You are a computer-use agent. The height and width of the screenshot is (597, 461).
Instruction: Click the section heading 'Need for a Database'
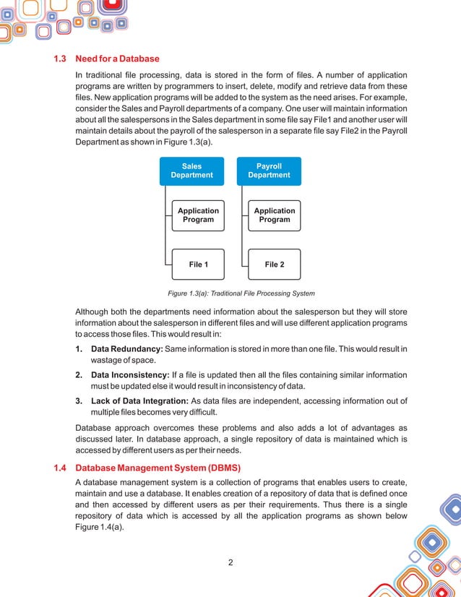coord(117,59)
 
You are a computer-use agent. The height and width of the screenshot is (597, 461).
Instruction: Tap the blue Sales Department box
coord(191,171)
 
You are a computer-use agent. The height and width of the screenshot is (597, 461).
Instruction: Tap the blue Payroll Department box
coord(269,171)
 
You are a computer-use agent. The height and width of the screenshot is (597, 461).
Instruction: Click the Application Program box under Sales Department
coord(198,215)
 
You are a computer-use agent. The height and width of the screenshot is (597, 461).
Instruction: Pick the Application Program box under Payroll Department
coord(275,215)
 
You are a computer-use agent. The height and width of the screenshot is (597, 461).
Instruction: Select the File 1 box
coord(198,265)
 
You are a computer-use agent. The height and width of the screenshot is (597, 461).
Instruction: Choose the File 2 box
coord(275,265)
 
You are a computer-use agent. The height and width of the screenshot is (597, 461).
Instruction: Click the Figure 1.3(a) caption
coord(241,293)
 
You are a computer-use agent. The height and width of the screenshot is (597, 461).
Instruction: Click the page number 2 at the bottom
coord(230,563)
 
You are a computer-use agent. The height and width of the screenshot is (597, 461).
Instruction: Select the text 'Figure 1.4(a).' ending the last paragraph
coord(100,528)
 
